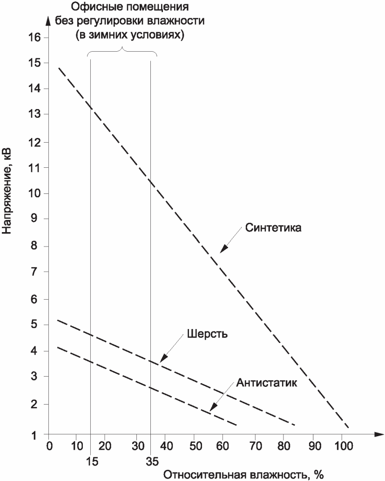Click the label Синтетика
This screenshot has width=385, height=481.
point(274,228)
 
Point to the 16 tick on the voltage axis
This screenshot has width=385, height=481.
point(34,37)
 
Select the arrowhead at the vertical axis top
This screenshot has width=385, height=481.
point(47,21)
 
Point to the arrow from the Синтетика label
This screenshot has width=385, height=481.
point(230,240)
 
